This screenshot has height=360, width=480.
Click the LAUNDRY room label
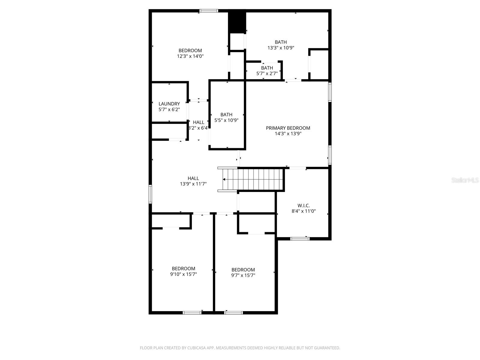click(169, 104)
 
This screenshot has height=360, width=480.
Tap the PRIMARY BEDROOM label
click(288, 128)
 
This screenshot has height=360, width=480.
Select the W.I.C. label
click(304, 205)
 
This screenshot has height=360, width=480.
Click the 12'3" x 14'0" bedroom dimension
click(190, 56)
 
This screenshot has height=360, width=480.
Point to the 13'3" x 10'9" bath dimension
click(281, 48)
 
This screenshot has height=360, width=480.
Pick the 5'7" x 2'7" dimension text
click(267, 73)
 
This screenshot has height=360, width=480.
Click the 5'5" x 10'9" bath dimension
click(226, 120)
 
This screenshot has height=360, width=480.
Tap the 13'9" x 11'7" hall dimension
click(193, 184)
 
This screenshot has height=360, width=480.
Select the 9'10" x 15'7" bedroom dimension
click(184, 274)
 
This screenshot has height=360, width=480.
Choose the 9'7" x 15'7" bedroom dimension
click(243, 275)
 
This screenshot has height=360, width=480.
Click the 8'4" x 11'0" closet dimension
click(304, 211)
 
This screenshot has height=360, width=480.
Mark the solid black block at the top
click(237, 22)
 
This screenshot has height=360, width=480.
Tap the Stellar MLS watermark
click(465, 180)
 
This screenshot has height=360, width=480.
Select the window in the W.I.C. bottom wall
click(300, 239)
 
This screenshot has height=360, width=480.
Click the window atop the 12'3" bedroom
click(209, 11)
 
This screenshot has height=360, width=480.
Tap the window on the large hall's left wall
click(150, 194)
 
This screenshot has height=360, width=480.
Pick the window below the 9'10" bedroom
click(192, 313)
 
